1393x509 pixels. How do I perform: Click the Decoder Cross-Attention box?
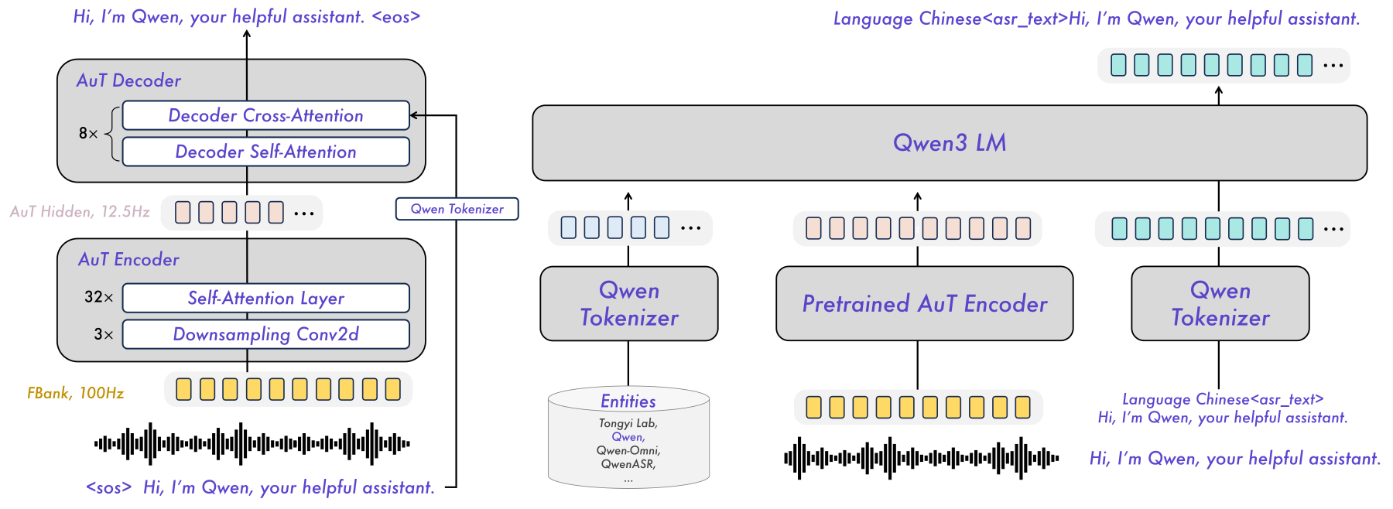tap(265, 115)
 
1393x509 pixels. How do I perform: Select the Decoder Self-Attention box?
tap(265, 152)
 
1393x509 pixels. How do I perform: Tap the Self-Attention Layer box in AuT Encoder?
tap(265, 298)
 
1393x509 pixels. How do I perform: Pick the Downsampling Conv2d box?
tap(265, 334)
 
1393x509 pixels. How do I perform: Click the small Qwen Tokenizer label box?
tap(457, 209)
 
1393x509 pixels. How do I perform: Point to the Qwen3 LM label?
tap(950, 142)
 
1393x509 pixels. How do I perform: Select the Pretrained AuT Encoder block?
tap(924, 303)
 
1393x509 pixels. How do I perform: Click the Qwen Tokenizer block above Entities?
tap(629, 303)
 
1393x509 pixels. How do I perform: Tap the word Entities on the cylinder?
tap(628, 401)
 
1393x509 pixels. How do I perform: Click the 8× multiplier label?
tap(88, 133)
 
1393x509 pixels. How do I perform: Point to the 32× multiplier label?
tap(99, 297)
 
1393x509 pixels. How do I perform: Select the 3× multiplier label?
tap(104, 334)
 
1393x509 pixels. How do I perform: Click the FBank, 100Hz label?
tap(75, 393)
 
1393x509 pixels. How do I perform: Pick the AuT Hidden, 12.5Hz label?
tap(80, 211)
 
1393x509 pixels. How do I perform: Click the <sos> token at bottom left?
tap(108, 487)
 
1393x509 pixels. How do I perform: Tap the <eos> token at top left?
tap(396, 16)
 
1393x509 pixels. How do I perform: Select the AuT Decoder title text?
tap(128, 80)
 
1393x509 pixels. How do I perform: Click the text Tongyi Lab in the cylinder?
tap(628, 423)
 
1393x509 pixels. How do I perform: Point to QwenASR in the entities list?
tap(628, 464)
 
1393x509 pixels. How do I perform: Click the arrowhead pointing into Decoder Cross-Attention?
tap(414, 115)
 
